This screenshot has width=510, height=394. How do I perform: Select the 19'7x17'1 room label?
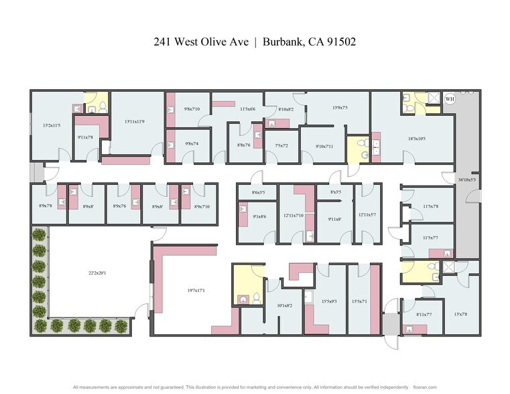click(x=196, y=290)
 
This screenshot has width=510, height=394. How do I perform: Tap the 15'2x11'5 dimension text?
click(x=52, y=125)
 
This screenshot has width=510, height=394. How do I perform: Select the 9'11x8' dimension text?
click(x=335, y=218)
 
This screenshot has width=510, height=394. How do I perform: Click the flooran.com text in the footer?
click(x=426, y=387)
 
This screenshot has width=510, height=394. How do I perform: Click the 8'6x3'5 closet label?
click(x=258, y=192)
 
